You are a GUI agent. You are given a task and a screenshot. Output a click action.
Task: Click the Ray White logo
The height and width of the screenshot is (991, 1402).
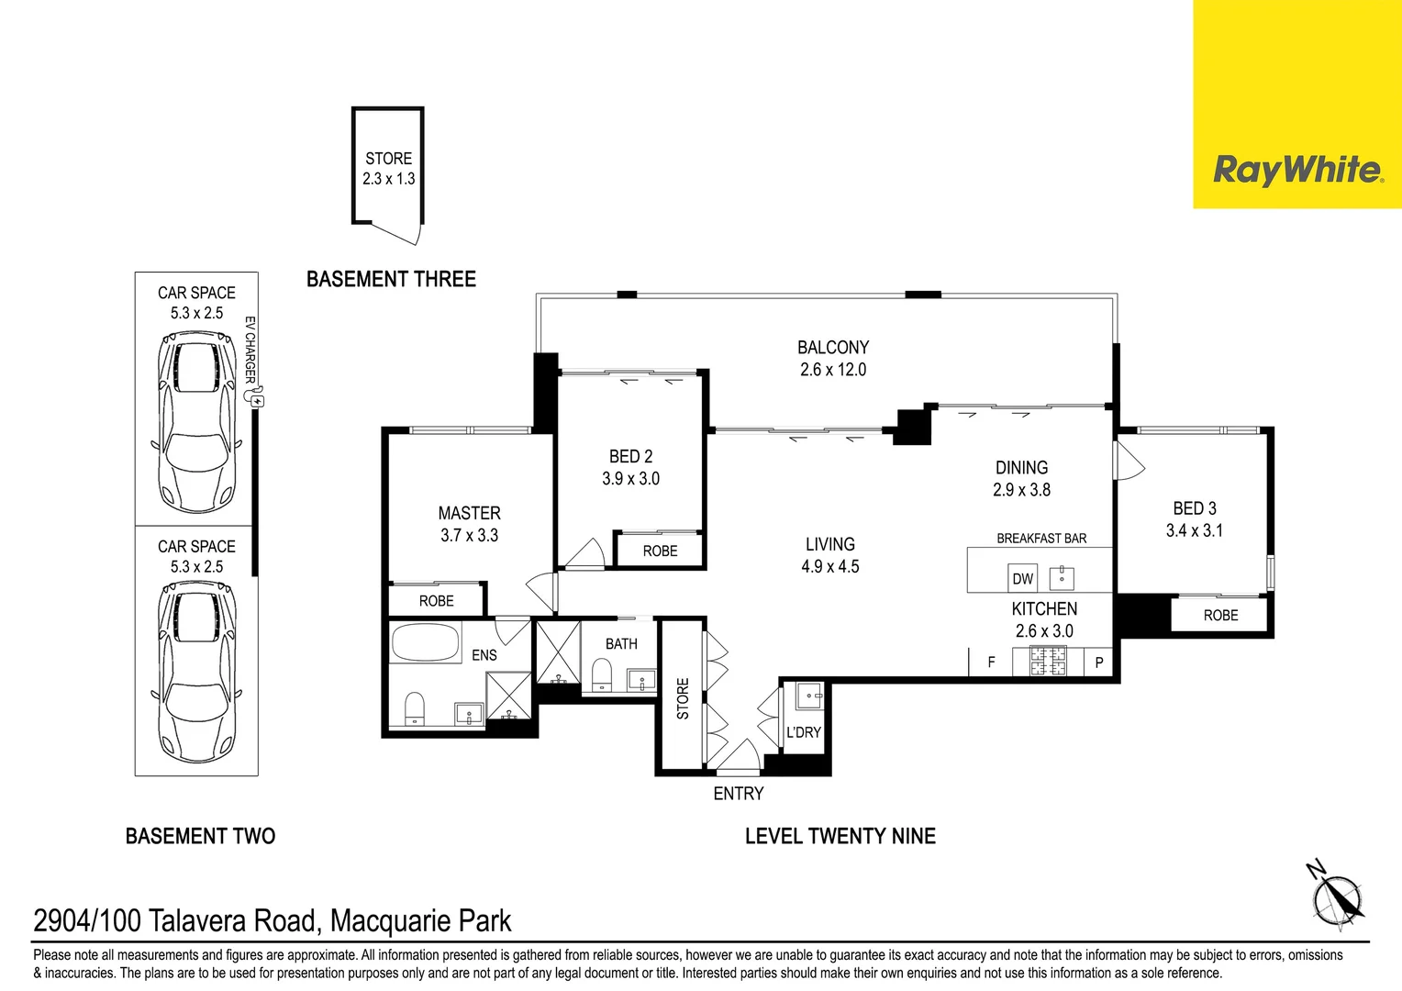pyautogui.click(x=1296, y=170)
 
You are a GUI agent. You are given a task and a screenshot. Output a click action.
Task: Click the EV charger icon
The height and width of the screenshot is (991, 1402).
pyautogui.click(x=257, y=400)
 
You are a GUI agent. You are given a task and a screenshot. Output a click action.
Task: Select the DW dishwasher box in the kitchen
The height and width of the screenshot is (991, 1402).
pyautogui.click(x=1022, y=578)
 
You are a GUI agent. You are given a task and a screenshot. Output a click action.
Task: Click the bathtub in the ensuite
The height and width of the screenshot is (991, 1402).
pyautogui.click(x=425, y=642)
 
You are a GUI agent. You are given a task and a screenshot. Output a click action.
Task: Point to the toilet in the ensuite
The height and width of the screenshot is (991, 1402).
pyautogui.click(x=415, y=708)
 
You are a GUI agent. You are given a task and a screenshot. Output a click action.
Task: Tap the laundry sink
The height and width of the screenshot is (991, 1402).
pyautogui.click(x=808, y=696)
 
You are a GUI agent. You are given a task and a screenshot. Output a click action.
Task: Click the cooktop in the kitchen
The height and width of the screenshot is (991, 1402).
pyautogui.click(x=1046, y=662)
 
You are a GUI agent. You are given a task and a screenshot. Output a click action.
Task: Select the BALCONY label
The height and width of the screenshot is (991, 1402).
pyautogui.click(x=832, y=348)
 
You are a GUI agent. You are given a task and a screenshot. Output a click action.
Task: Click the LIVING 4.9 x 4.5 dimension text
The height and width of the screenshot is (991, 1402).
pyautogui.click(x=829, y=566)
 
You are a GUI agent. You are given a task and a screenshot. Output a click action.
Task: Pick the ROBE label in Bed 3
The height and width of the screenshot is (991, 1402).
pyautogui.click(x=1220, y=616)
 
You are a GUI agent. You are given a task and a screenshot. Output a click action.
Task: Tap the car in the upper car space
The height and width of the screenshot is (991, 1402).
pyautogui.click(x=196, y=424)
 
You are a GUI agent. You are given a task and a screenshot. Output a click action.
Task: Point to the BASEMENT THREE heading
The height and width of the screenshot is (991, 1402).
pyautogui.click(x=391, y=279)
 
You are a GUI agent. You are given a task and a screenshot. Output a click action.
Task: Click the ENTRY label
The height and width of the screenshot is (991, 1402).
pyautogui.click(x=738, y=794)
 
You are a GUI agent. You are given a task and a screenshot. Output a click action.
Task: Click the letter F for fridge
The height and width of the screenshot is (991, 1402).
pyautogui.click(x=991, y=662)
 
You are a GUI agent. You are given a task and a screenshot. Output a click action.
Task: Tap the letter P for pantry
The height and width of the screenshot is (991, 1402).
pyautogui.click(x=1099, y=663)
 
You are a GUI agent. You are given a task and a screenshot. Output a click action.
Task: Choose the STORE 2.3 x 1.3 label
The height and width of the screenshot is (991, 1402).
pyautogui.click(x=388, y=169)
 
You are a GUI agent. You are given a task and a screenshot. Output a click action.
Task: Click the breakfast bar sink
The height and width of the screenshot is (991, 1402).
pyautogui.click(x=1062, y=576)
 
